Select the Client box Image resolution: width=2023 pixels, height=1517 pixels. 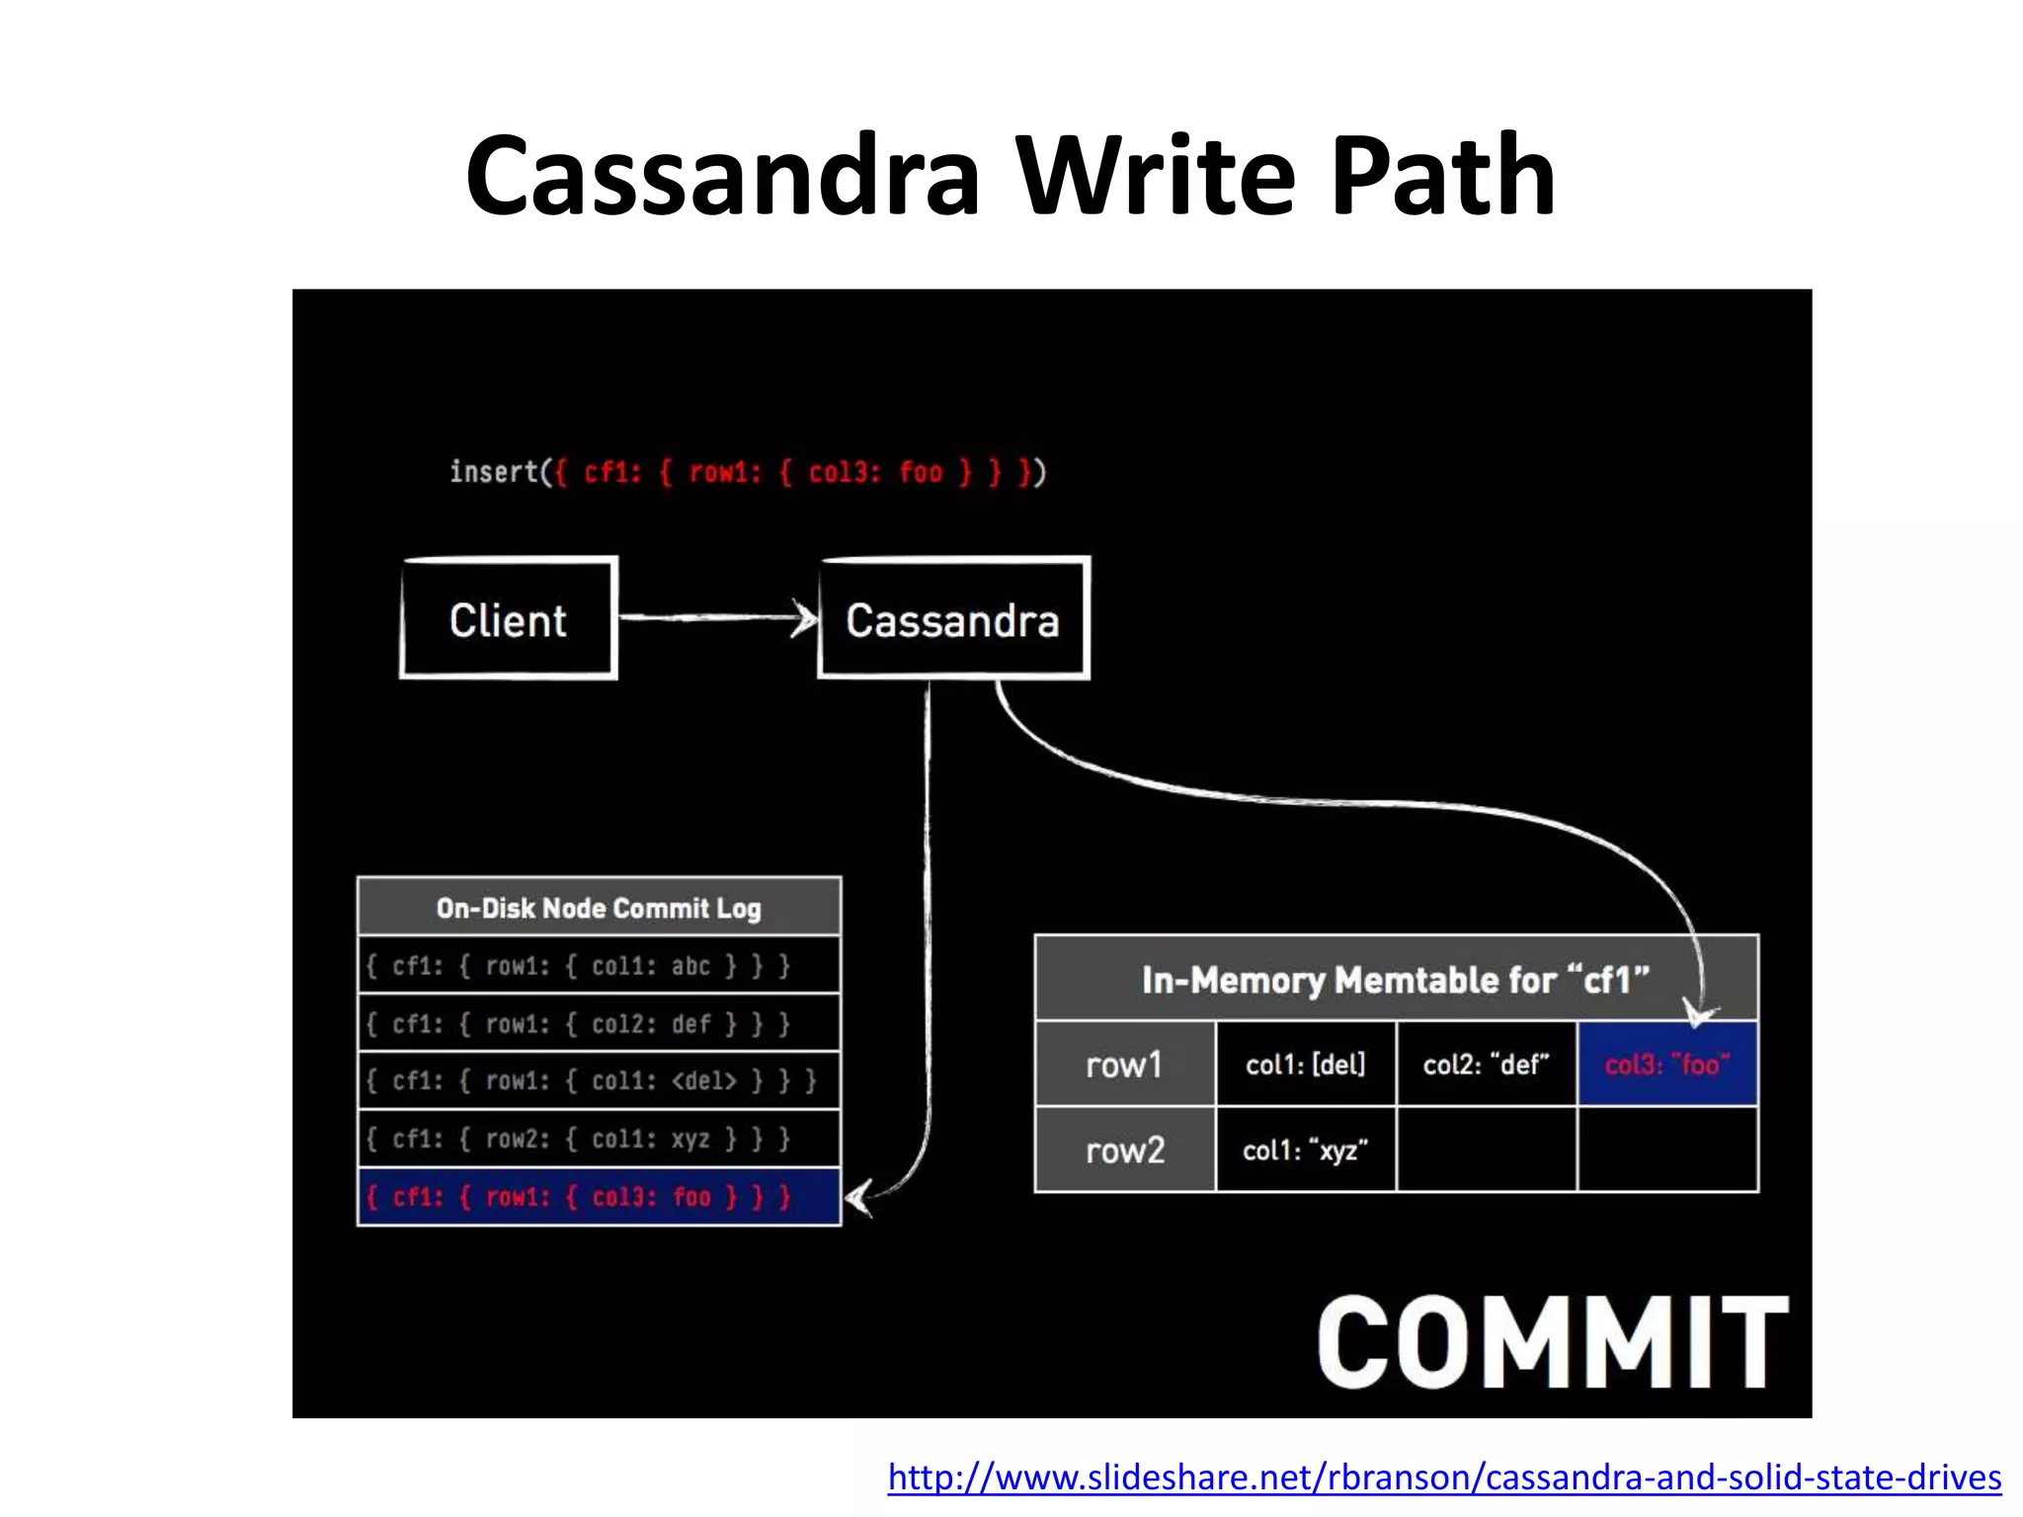(509, 619)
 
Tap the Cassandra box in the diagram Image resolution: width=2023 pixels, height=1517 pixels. (953, 619)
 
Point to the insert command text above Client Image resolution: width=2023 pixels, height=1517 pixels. (747, 472)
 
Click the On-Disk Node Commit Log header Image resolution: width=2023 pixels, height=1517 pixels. (599, 908)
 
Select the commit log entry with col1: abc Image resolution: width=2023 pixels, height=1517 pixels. (599, 965)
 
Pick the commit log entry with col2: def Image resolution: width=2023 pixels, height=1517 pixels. (599, 1023)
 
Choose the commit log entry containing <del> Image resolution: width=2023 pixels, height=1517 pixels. (599, 1080)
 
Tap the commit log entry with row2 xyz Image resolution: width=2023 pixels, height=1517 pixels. (599, 1139)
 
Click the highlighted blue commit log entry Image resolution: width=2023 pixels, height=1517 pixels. (599, 1197)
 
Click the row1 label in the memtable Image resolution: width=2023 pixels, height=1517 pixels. (1124, 1065)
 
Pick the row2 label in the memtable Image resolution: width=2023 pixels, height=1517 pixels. (1124, 1150)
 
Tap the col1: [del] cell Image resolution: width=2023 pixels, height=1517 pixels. (1305, 1065)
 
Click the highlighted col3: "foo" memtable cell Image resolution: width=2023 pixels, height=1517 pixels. (1667, 1065)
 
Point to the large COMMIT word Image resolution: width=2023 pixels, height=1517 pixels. (1552, 1342)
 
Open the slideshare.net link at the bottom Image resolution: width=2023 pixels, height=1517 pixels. (1444, 1477)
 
